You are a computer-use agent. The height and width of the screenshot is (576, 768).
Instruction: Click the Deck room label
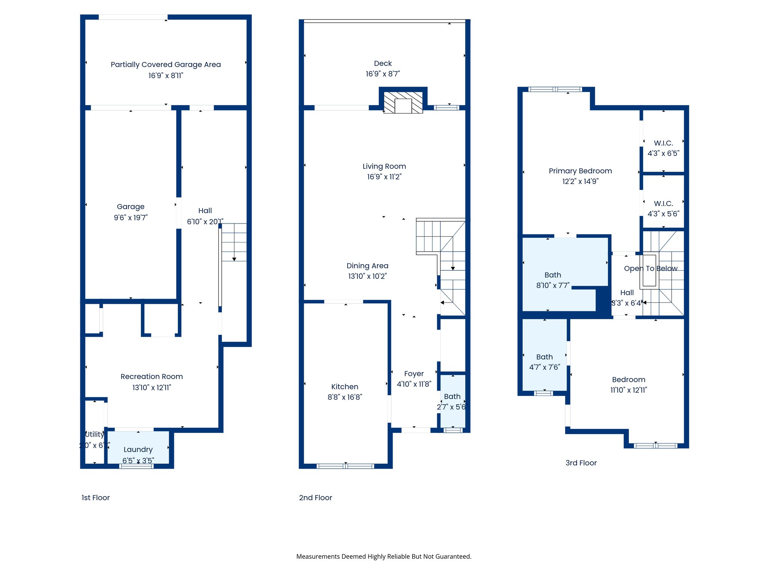(x=382, y=63)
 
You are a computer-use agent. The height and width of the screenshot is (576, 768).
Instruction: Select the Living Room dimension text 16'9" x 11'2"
(x=384, y=177)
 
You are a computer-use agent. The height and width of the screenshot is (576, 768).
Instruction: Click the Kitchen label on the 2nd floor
(x=345, y=387)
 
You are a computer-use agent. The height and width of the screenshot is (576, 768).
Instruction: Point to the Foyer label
(x=414, y=374)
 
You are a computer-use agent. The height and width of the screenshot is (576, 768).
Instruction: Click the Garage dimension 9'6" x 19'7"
(x=130, y=217)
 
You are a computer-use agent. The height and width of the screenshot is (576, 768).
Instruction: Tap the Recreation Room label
(x=151, y=376)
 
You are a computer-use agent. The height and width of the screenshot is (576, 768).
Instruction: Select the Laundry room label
(x=138, y=449)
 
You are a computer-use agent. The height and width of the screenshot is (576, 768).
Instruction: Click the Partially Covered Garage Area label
(x=166, y=64)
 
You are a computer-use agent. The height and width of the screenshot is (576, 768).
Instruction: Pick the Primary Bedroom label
(x=580, y=171)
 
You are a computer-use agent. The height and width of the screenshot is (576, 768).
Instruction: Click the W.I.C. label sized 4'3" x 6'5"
(x=663, y=143)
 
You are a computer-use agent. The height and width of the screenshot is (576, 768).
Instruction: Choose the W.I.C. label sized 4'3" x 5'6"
(x=663, y=204)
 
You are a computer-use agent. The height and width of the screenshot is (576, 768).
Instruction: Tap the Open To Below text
(x=651, y=268)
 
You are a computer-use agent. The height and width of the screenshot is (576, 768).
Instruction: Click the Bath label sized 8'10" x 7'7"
(x=553, y=275)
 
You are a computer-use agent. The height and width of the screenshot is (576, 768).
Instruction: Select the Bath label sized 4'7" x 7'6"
(x=544, y=357)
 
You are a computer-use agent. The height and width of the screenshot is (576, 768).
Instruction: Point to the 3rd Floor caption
(x=581, y=463)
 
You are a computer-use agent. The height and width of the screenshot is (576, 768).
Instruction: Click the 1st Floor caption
(x=96, y=498)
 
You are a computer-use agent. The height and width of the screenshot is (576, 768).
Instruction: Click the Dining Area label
(x=367, y=266)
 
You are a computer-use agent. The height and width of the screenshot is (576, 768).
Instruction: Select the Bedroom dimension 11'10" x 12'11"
(x=628, y=390)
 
